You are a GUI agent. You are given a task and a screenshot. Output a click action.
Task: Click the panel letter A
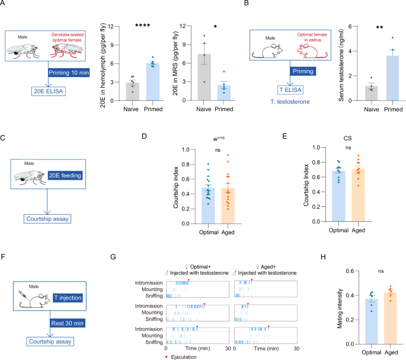4,5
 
